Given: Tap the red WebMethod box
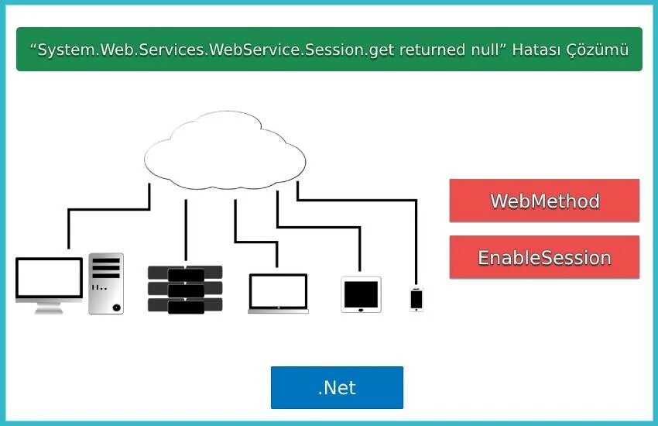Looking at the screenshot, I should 544,201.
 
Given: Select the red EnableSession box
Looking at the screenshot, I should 544,257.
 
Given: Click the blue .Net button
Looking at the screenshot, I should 337,387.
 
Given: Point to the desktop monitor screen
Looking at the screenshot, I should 49,279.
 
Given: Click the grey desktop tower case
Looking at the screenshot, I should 105,283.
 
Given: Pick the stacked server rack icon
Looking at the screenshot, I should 185,290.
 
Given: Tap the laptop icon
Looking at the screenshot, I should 278,293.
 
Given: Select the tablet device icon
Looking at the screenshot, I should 361,294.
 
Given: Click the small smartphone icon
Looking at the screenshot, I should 416,299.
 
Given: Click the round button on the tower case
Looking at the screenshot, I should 116,307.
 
